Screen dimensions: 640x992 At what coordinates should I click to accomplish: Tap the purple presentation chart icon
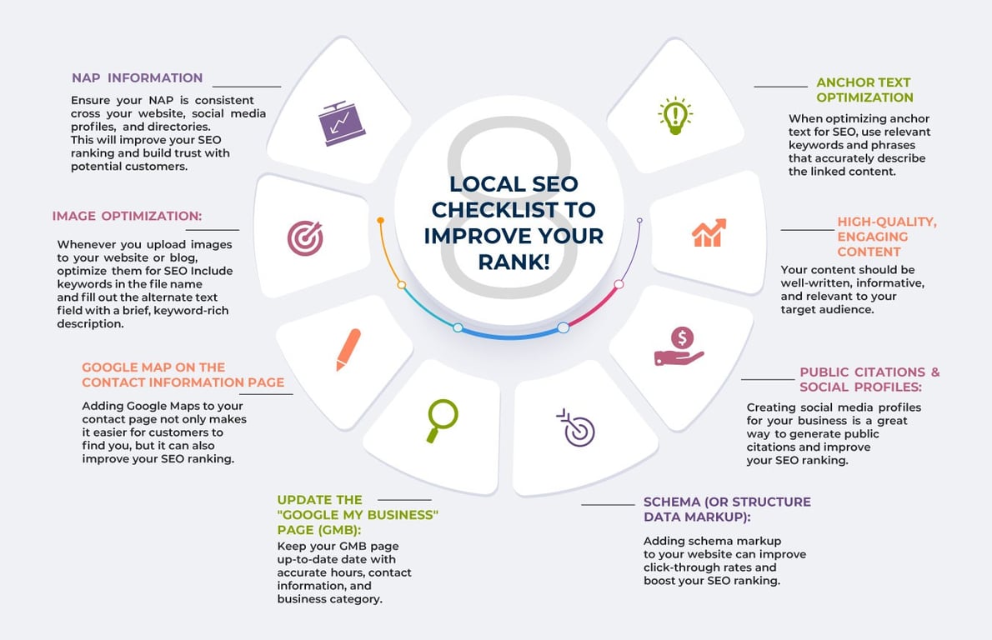[x=343, y=123]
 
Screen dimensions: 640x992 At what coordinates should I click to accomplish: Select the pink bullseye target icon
[x=304, y=238]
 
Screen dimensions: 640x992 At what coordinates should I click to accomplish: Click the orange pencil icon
[x=348, y=349]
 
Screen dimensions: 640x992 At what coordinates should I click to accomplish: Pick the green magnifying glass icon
[x=441, y=420]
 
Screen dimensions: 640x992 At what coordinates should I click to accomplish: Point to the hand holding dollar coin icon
[x=679, y=347]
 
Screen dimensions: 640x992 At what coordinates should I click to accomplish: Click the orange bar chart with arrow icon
[x=709, y=232]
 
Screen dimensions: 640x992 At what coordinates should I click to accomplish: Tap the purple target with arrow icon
[x=576, y=427]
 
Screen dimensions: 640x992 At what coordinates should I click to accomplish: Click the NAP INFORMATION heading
[x=137, y=77]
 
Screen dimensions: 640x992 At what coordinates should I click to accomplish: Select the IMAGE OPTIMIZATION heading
[x=127, y=216]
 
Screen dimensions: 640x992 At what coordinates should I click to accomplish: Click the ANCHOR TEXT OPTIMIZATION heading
[x=864, y=90]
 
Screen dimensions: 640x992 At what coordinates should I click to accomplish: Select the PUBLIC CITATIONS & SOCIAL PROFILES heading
[x=869, y=379]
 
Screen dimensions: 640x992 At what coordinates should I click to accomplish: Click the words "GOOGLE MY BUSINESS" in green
[x=358, y=514]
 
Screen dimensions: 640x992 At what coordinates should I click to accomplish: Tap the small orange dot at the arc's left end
[x=380, y=221]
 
